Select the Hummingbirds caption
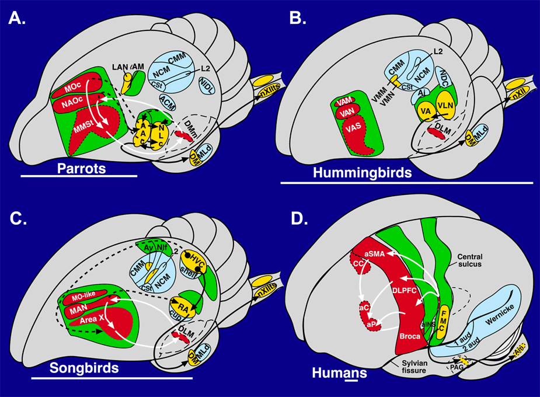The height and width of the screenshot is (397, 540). pos(362,172)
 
